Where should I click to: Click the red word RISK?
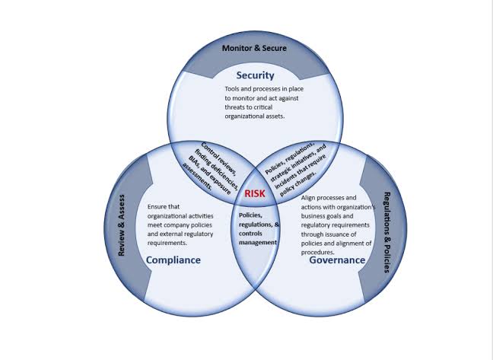point(255,193)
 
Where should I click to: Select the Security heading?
point(256,75)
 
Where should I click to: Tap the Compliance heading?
point(173,260)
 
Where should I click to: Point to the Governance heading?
point(337,260)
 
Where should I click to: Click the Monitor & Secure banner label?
point(254,48)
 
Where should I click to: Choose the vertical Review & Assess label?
point(122,225)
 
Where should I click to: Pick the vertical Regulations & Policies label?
point(387,232)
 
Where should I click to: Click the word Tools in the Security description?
point(232,89)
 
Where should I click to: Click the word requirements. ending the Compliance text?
point(167,244)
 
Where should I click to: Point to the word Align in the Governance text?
point(308,198)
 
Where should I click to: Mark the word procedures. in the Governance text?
point(317,253)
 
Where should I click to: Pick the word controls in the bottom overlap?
point(250,234)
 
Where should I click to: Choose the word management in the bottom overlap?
point(258,243)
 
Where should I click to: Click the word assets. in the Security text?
point(275,116)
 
